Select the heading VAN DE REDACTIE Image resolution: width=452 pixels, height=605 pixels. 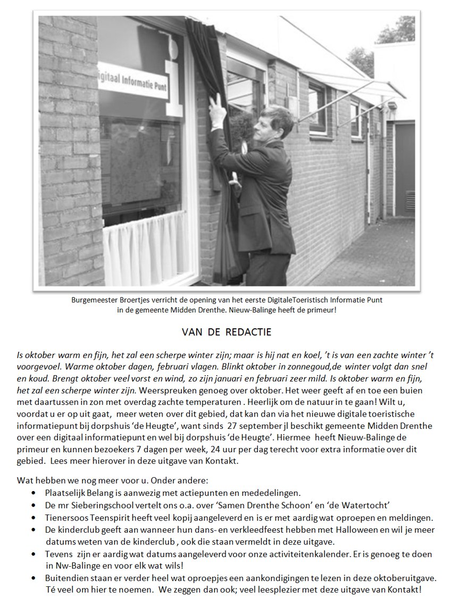point(227,333)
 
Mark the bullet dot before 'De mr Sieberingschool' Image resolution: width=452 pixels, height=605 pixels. point(34,505)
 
